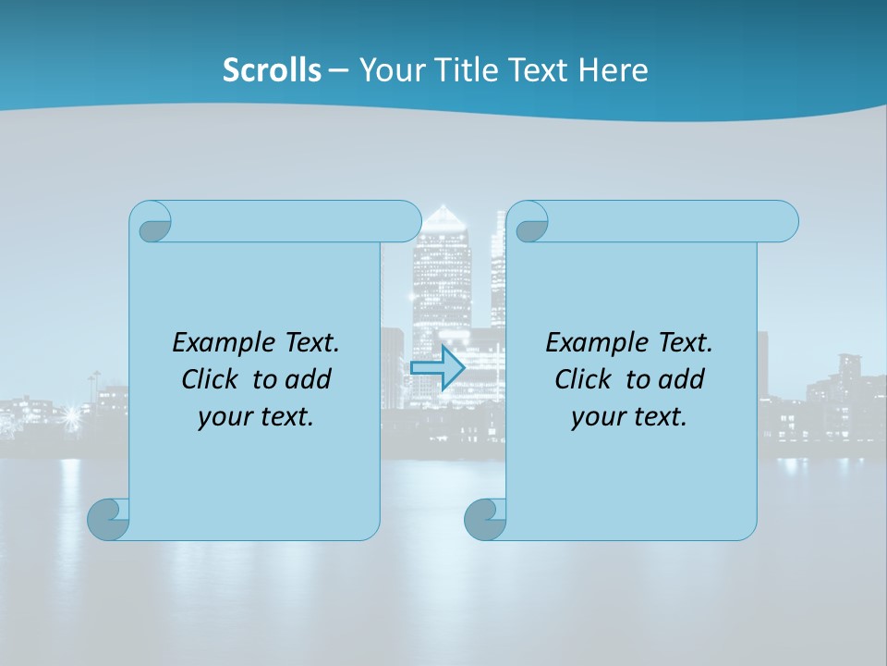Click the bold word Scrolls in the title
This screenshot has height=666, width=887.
click(272, 69)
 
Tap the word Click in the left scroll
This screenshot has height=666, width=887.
click(209, 379)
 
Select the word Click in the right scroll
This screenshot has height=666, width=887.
click(582, 379)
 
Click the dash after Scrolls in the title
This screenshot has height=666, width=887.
click(338, 70)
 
